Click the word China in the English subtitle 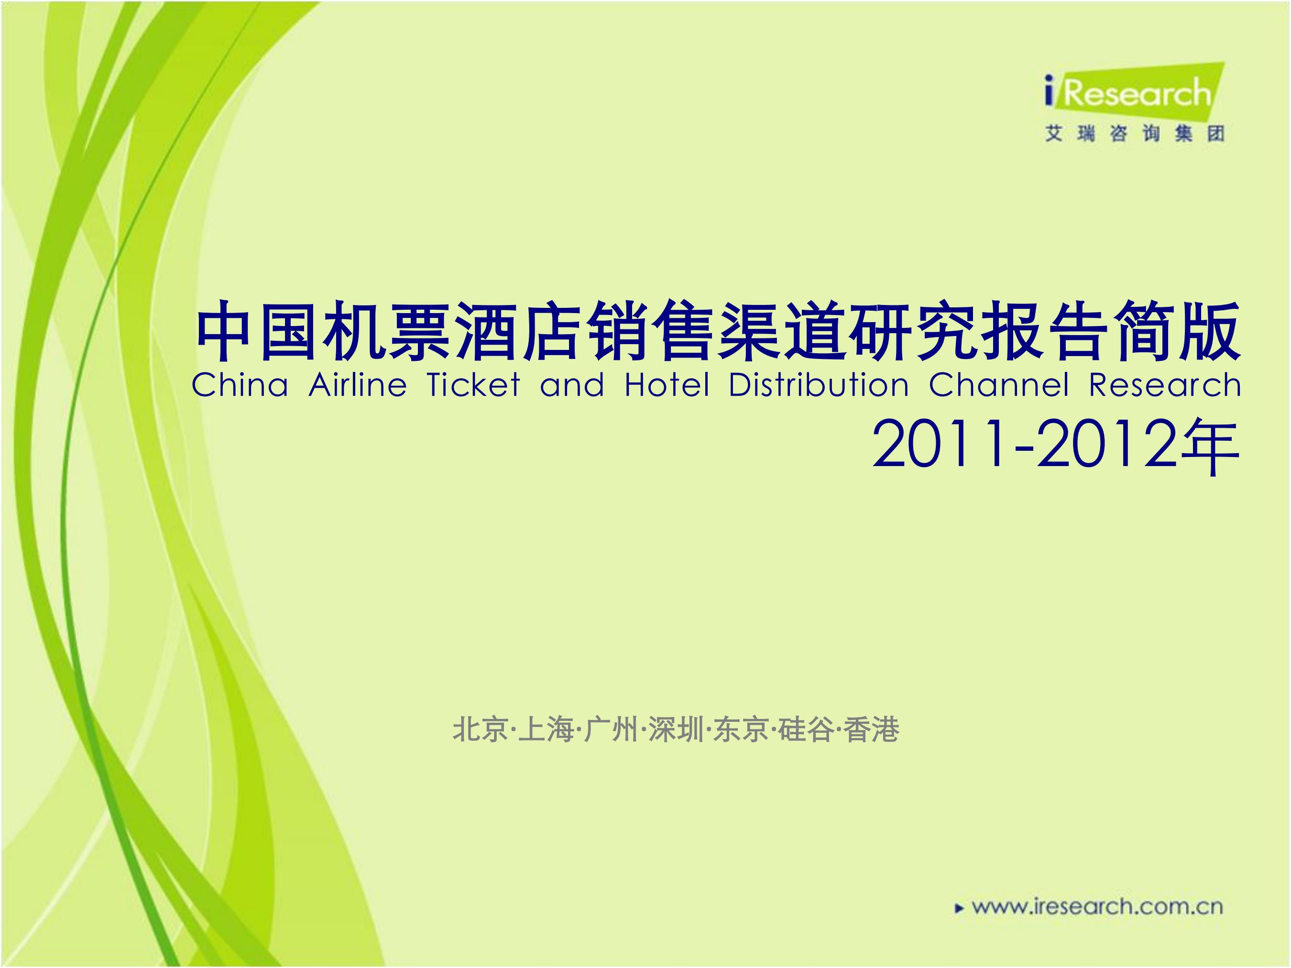(240, 385)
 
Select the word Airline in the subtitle (358, 385)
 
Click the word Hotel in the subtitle (667, 385)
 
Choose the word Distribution (819, 385)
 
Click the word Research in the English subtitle (1164, 385)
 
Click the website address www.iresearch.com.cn (1098, 907)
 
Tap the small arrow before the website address (958, 908)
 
